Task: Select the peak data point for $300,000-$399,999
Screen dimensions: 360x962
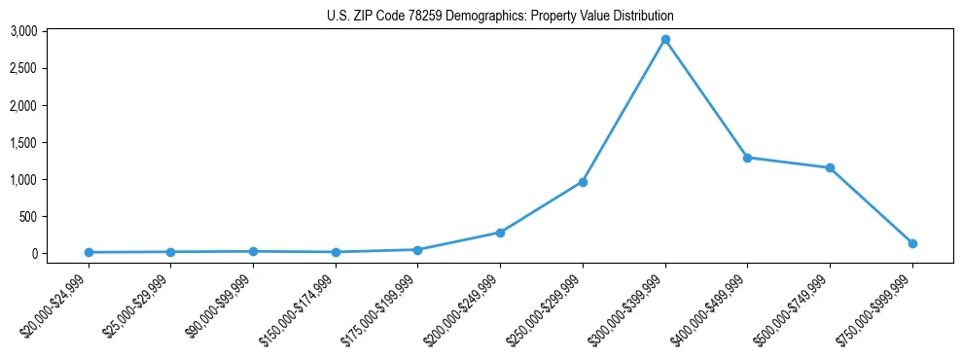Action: [x=665, y=40]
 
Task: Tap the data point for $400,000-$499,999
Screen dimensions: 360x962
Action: [x=747, y=158]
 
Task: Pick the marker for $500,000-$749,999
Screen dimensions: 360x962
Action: [x=830, y=168]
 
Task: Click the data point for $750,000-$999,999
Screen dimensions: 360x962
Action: [x=912, y=243]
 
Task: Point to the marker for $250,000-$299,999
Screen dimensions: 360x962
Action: [x=583, y=182]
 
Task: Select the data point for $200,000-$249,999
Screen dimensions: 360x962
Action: [x=500, y=233]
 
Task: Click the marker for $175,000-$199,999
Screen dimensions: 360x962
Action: [x=417, y=250]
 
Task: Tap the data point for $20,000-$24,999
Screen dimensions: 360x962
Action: [x=89, y=252]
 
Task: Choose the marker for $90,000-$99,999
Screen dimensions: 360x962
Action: [x=253, y=251]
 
